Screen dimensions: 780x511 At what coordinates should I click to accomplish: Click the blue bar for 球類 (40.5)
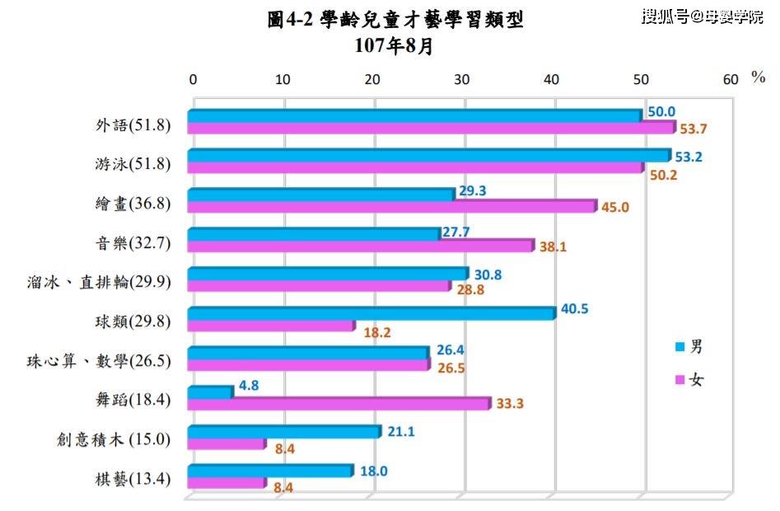pos(371,313)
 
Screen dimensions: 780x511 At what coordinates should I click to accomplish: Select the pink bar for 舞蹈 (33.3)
pos(339,404)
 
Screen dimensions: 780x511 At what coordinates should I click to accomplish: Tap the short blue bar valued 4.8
pos(210,392)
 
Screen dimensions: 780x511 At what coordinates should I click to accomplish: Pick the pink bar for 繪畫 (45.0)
pos(393,206)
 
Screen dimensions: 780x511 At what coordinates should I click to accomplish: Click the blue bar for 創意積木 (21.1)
pos(284,431)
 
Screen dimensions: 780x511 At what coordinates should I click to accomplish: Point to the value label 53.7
pos(693,129)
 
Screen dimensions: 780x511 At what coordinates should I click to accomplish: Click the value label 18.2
pos(377,332)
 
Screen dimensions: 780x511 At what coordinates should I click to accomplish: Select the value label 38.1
pos(553,246)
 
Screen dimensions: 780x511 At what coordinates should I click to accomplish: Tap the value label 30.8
pos(488,274)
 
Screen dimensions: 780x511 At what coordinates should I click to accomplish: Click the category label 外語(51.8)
pos(133,124)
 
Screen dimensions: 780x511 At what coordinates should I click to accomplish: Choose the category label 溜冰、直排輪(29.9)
pos(99,282)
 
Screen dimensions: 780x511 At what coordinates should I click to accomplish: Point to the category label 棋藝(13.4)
pos(133,479)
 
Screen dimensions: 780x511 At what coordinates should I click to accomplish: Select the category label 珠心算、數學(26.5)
pos(99,361)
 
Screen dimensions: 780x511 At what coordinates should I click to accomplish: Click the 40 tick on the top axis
pos(551,80)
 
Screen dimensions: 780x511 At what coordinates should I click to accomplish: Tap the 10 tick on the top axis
pos(283,80)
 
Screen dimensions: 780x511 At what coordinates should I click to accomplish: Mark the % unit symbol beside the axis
pos(758,77)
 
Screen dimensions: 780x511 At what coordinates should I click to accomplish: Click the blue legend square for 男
pos(680,347)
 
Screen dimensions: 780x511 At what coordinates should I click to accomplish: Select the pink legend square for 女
pos(680,380)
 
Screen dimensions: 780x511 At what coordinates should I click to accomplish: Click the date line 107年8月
pos(394,46)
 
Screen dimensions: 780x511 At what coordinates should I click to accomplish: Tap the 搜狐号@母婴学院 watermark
pos(703,16)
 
